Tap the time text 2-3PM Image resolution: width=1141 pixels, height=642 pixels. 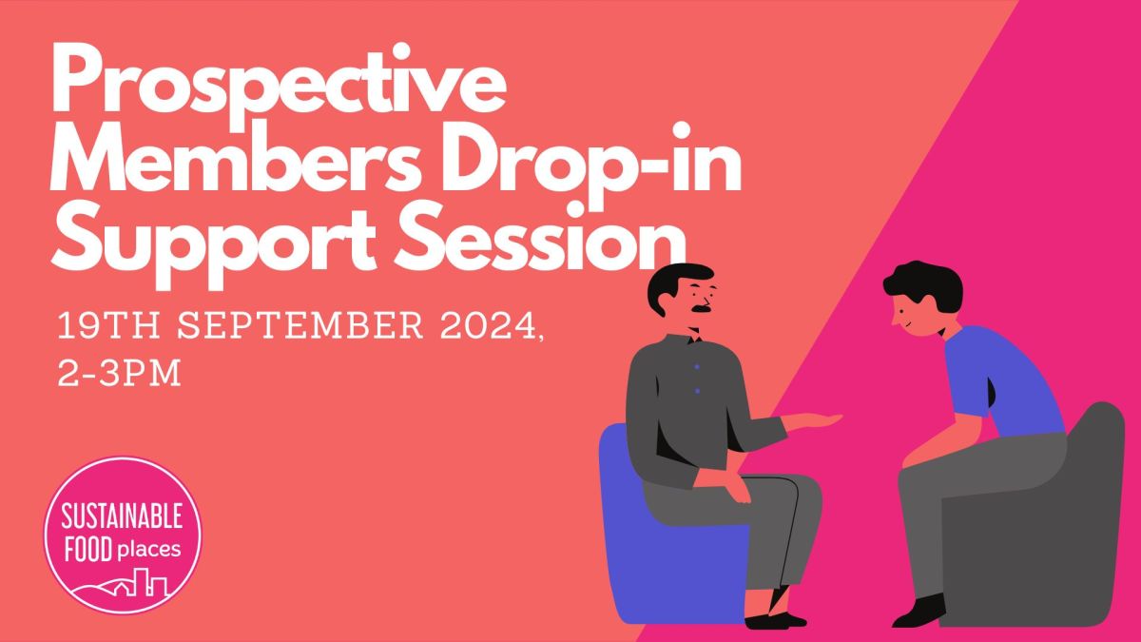click(x=120, y=372)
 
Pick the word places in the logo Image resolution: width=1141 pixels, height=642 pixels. click(x=148, y=549)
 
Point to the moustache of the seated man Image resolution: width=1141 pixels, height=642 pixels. click(x=702, y=309)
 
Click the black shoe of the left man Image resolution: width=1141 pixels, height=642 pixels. click(x=770, y=620)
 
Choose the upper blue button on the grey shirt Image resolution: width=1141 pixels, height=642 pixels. click(x=697, y=367)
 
